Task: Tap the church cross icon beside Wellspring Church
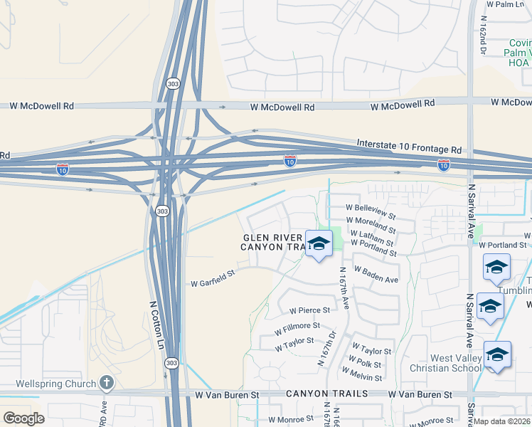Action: coord(106,384)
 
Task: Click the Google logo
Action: coord(23,418)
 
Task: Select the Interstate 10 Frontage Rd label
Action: coord(409,147)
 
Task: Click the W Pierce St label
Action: coord(309,310)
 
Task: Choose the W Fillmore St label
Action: coord(297,327)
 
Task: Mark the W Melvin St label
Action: coord(361,374)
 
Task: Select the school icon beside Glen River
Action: coord(319,243)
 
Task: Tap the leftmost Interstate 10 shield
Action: coord(63,169)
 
